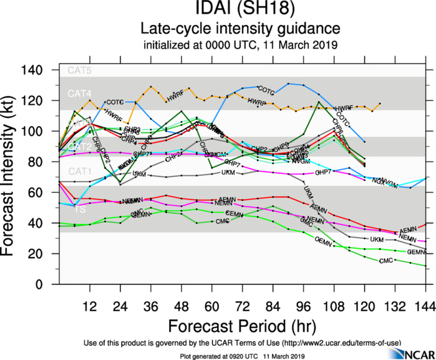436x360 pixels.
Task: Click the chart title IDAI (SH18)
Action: pyautogui.click(x=240, y=11)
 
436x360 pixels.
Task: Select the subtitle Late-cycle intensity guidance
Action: pyautogui.click(x=240, y=29)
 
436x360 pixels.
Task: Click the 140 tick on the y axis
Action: pyautogui.click(x=46, y=70)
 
